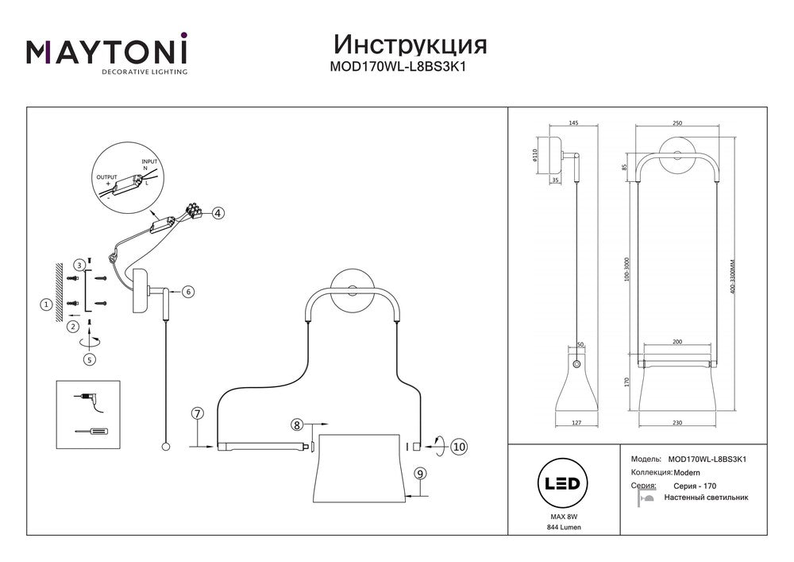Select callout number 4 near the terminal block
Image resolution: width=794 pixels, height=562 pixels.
218,213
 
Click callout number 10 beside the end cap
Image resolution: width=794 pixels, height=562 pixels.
458,447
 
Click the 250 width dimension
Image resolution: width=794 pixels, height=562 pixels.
676,123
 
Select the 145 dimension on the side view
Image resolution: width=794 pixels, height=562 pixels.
573,123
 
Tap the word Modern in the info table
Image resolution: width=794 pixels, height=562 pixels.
680,472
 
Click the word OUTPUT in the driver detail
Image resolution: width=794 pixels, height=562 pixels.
106,176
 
